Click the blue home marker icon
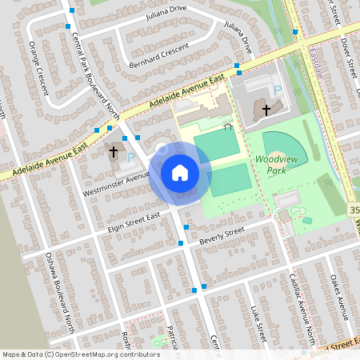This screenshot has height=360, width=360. click(x=180, y=172)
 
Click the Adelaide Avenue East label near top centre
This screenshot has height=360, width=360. click(x=183, y=94)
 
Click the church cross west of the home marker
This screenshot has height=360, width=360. click(x=114, y=150)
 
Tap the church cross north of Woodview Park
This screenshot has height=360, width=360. click(x=266, y=108)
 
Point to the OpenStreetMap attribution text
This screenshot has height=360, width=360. click(x=81, y=354)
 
